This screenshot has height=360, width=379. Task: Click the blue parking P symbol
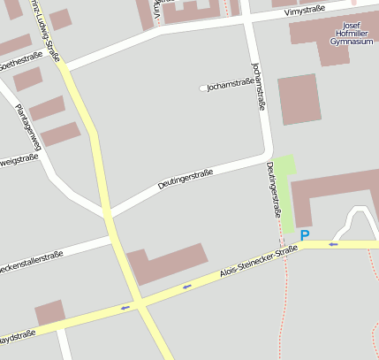tap(305, 235)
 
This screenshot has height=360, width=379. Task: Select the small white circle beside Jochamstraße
tap(203, 88)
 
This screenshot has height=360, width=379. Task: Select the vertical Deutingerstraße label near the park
tap(274, 189)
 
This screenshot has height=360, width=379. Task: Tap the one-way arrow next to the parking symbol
tap(333, 243)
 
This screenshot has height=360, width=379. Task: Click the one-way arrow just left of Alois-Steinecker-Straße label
tap(187, 286)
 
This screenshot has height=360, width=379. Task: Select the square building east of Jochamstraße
tap(299, 99)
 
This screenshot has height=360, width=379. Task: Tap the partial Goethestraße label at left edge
tap(18, 63)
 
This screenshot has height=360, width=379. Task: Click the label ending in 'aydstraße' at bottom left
tap(17, 335)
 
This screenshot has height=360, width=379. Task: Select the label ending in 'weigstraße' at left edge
tap(19, 160)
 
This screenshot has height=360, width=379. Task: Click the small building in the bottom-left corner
tap(50, 312)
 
